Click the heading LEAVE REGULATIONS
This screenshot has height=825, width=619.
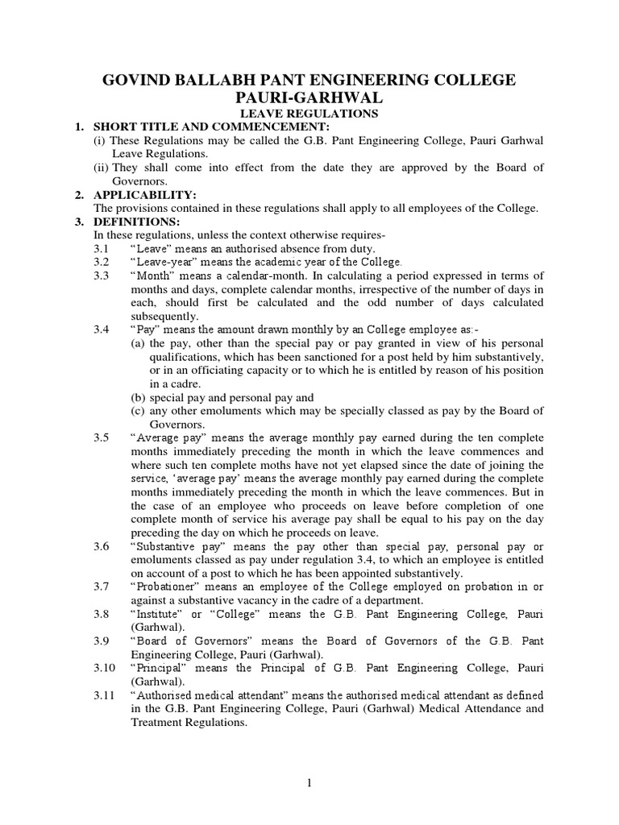[310, 114]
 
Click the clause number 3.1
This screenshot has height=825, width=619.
[101, 249]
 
